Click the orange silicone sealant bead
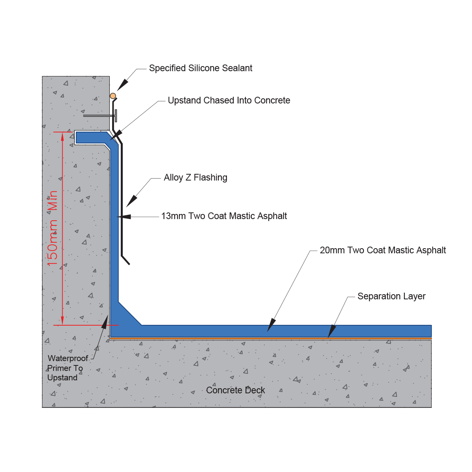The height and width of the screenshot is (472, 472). pyautogui.click(x=112, y=96)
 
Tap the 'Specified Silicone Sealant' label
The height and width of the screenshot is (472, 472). pyautogui.click(x=200, y=68)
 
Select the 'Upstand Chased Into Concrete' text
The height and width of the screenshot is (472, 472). pyautogui.click(x=229, y=100)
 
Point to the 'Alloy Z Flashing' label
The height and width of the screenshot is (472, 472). pyautogui.click(x=195, y=177)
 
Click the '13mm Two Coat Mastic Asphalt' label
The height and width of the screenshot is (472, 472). pyautogui.click(x=224, y=216)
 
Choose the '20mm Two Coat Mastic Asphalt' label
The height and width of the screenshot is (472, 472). pyautogui.click(x=383, y=250)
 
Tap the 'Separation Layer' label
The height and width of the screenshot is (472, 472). pyautogui.click(x=391, y=296)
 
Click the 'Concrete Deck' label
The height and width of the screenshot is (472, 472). pyautogui.click(x=235, y=390)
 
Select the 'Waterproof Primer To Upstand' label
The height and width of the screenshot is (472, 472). pyautogui.click(x=67, y=368)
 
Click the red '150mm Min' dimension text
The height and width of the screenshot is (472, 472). pyautogui.click(x=52, y=228)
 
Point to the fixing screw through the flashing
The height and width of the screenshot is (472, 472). pyautogui.click(x=100, y=116)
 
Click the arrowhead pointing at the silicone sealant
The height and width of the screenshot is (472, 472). pyautogui.click(x=122, y=85)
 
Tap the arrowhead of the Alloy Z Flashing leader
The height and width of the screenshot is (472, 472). pyautogui.click(x=131, y=201)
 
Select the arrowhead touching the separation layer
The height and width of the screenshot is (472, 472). pyautogui.click(x=332, y=331)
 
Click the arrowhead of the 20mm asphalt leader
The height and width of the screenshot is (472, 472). pyautogui.click(x=271, y=325)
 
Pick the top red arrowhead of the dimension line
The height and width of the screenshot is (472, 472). pyautogui.click(x=63, y=136)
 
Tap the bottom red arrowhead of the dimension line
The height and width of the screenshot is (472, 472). pyautogui.click(x=63, y=321)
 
